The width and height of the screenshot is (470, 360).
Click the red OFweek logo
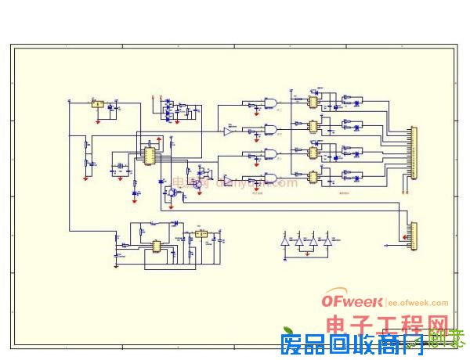click(352, 302)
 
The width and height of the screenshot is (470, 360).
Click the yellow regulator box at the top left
click(98, 103)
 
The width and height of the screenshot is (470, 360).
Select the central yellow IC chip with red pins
click(147, 154)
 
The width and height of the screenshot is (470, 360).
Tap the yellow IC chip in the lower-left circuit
click(157, 246)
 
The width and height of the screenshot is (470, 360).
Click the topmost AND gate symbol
click(270, 103)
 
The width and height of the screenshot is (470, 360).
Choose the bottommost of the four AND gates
click(270, 177)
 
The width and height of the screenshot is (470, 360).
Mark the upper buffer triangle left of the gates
click(228, 131)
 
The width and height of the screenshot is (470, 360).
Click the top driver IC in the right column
click(313, 102)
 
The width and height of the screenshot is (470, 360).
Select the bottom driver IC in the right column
click(313, 176)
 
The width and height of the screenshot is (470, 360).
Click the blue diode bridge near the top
click(168, 109)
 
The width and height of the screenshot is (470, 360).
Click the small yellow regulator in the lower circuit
click(201, 233)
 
